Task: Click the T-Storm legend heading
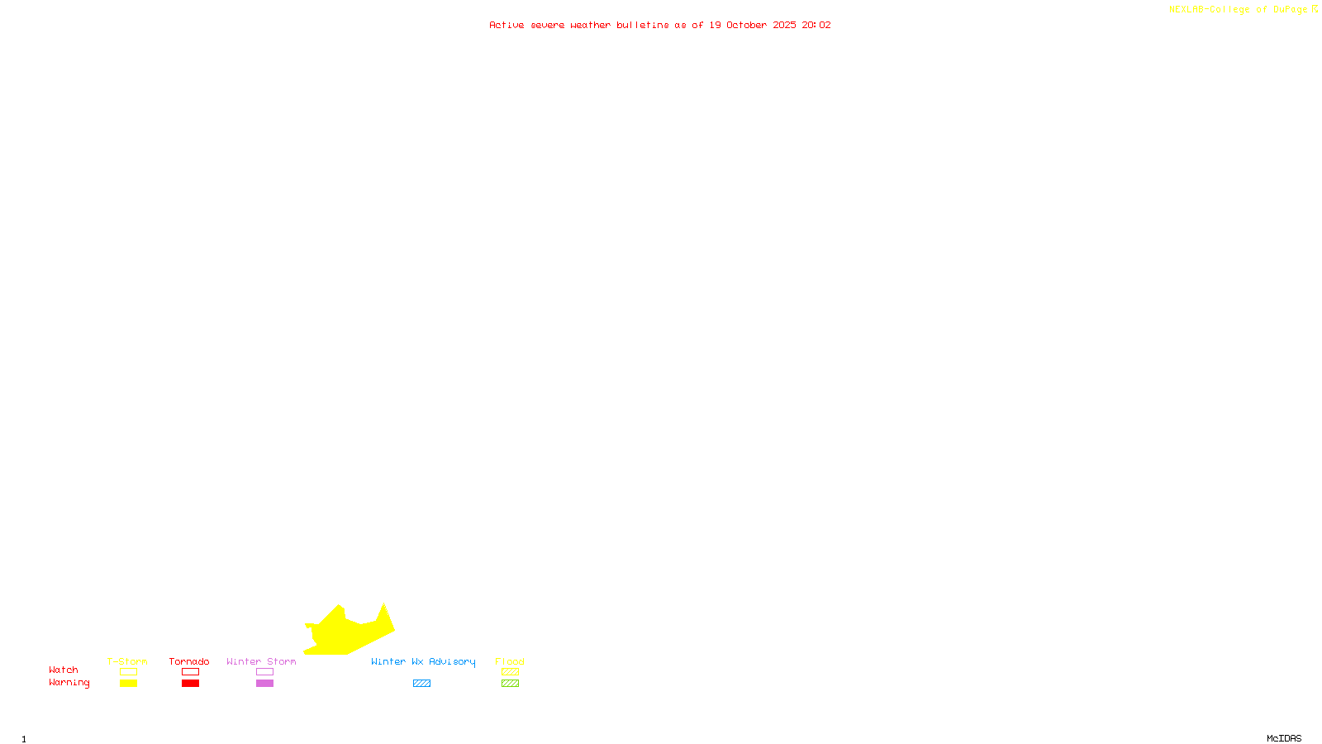pos(127,661)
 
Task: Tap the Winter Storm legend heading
pos(261,661)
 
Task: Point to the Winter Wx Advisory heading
pos(423,661)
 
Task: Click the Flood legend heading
pos(510,661)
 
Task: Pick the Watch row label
pos(64,670)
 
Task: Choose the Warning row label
pos(69,683)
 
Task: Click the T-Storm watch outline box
pos(128,672)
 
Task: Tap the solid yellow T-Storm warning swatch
pos(128,684)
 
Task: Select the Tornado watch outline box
pos(190,672)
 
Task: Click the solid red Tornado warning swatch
pos(190,684)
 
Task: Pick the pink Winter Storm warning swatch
pos(264,684)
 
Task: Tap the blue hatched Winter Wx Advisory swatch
pos(421,684)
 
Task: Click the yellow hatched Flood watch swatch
pos(510,672)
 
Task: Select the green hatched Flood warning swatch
pos(510,684)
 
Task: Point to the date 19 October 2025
pos(753,25)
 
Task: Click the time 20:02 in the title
pos(816,25)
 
